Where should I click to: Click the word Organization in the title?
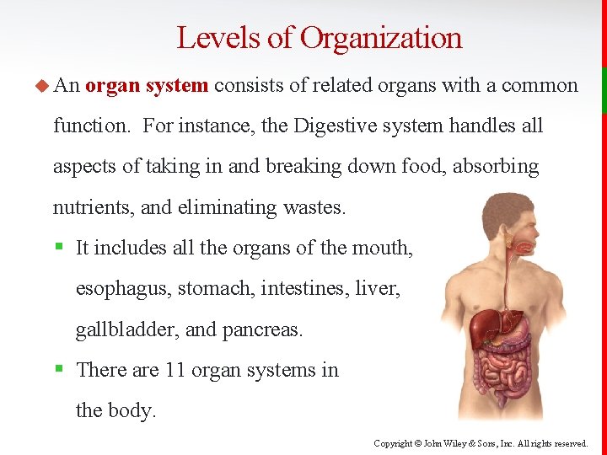coord(381,39)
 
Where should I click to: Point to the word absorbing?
coord(496,167)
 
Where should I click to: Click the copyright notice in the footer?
coord(481,442)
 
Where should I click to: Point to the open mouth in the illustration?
coord(526,248)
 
